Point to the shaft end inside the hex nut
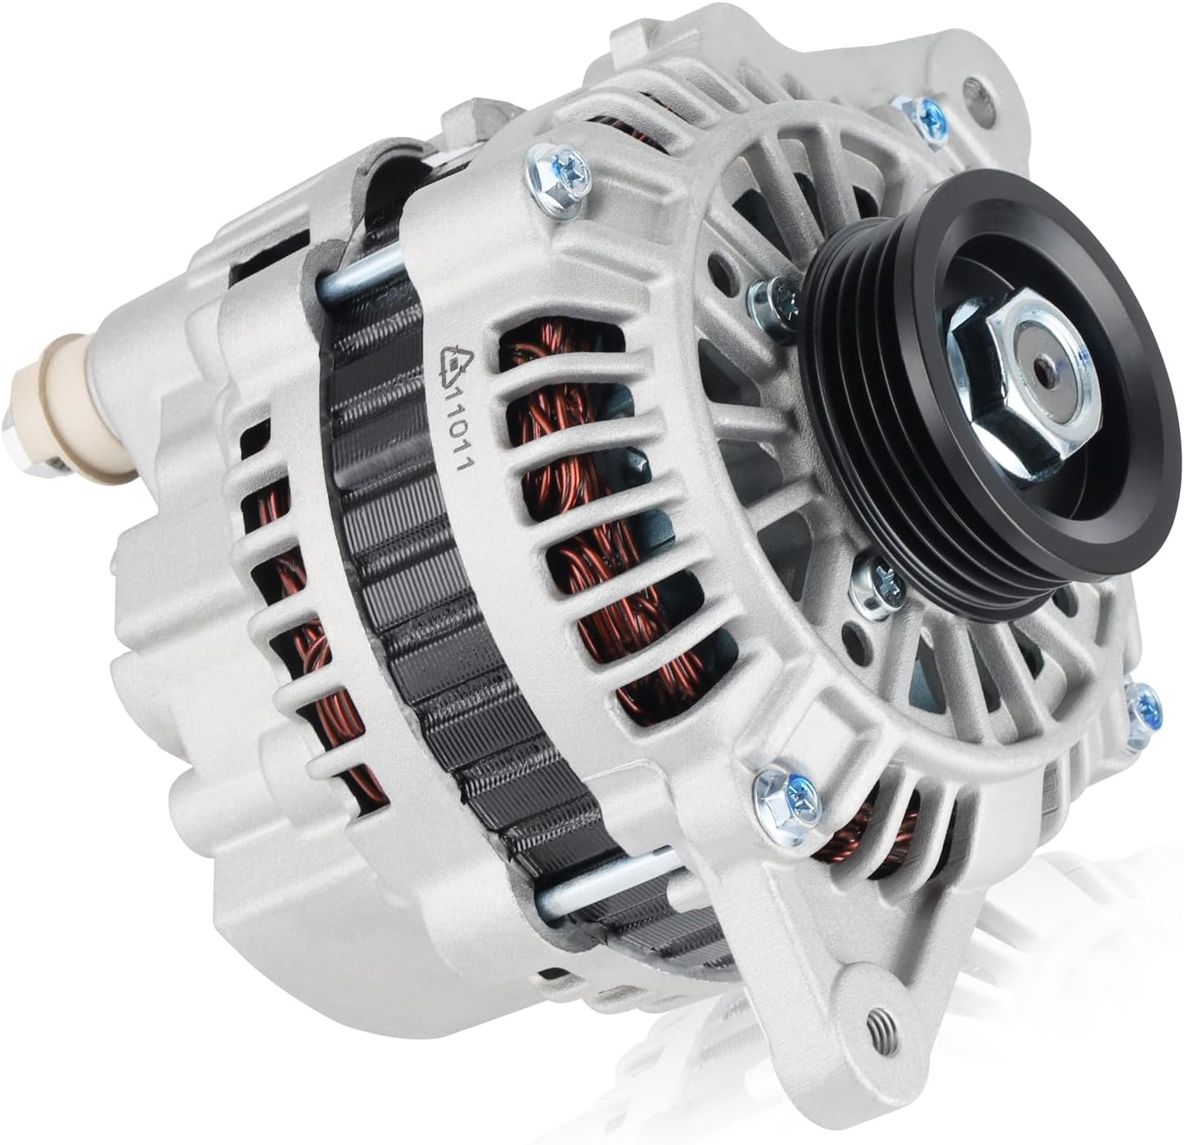click(1045, 375)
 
